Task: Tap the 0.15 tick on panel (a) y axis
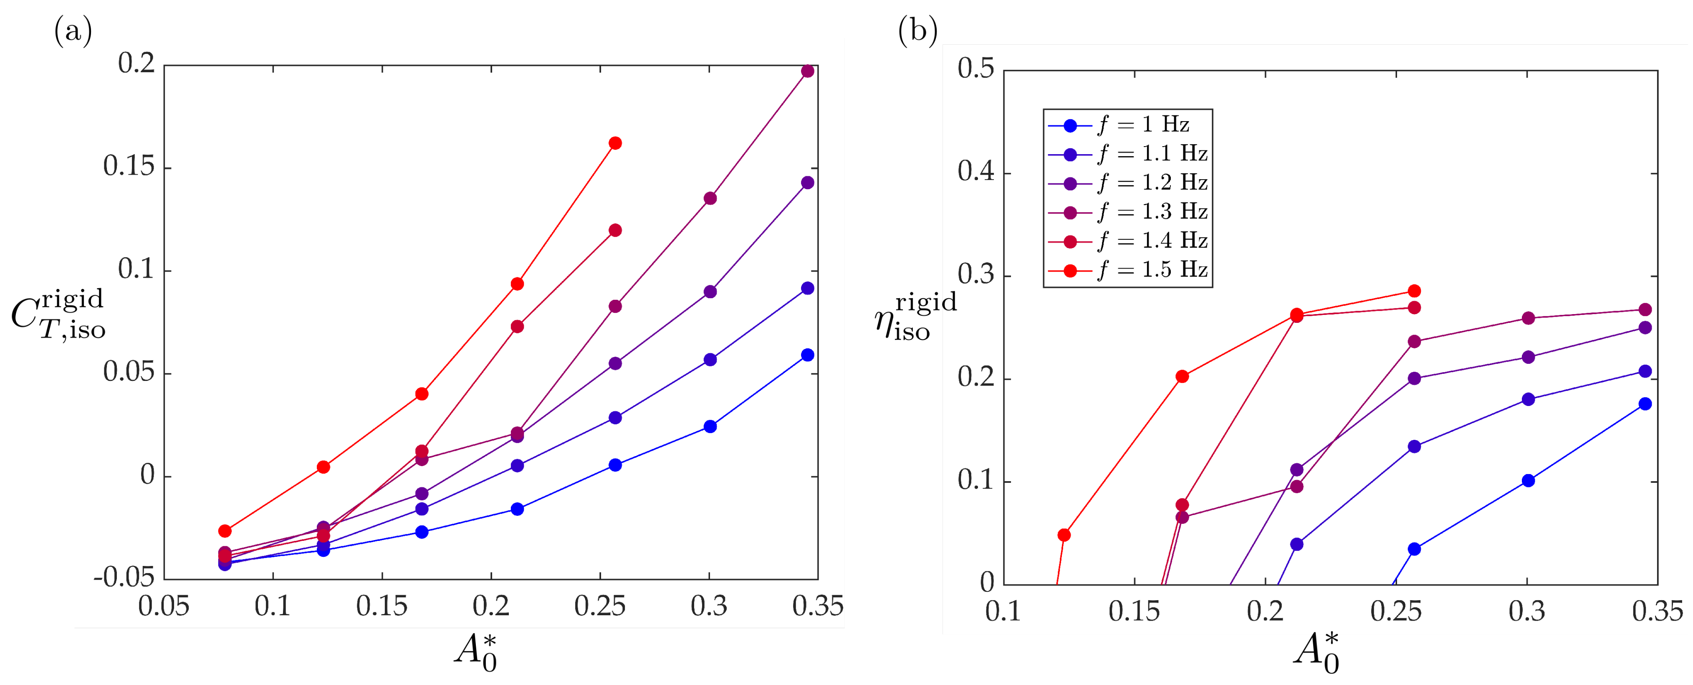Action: (x=129, y=167)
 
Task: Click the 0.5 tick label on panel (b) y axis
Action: (x=975, y=68)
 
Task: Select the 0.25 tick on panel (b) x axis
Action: (x=1396, y=611)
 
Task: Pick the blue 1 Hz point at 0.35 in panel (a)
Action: (x=808, y=355)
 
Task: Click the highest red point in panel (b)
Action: (x=1414, y=291)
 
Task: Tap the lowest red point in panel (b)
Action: (x=1064, y=535)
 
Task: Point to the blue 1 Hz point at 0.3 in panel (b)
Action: (x=1528, y=481)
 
